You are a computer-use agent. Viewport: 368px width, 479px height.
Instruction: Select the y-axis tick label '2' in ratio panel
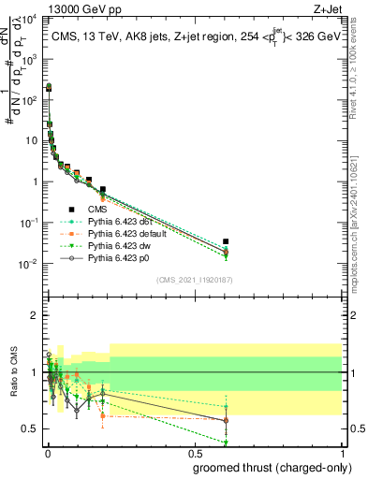click(36, 315)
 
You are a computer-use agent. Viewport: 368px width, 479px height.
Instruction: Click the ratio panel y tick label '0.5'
click(31, 428)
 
